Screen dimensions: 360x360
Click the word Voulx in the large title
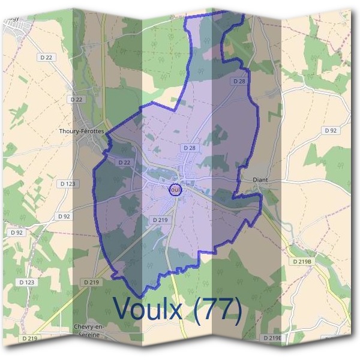coord(153,310)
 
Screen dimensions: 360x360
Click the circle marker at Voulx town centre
coord(175,190)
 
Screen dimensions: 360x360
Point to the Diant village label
coord(260,179)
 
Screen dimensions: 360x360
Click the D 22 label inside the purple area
coord(125,163)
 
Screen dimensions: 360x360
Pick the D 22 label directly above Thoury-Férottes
coord(76,99)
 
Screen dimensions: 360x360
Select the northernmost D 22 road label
coord(46,57)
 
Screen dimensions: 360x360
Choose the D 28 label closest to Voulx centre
coord(189,148)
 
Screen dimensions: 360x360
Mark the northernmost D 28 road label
coord(238,81)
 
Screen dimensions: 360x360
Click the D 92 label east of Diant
coord(330,130)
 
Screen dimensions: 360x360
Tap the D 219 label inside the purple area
coord(160,220)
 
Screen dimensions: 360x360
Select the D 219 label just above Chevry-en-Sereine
coord(91,282)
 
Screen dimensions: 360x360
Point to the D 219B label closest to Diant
coord(302,262)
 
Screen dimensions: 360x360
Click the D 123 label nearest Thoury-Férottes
coord(67,183)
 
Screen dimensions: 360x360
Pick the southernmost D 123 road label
coord(26,281)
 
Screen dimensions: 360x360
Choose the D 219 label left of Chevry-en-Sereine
coord(29,339)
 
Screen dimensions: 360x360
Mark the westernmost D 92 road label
coord(17,232)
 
